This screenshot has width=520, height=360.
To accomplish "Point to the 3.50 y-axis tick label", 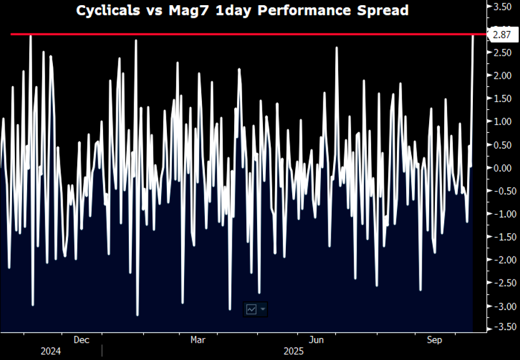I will [x=502, y=6].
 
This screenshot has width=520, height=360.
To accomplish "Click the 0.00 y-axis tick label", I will [x=502, y=168].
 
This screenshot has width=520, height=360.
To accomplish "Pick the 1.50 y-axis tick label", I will [x=502, y=99].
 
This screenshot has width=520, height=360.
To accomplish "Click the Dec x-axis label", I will [x=81, y=340].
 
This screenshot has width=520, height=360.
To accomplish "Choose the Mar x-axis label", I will [x=198, y=340].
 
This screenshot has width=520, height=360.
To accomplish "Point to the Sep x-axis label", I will [x=434, y=340].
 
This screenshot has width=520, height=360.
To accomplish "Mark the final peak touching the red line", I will [x=473, y=36].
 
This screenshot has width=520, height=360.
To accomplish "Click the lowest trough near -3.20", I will [x=137, y=315].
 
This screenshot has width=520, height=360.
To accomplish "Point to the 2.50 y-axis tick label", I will [x=502, y=53].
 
